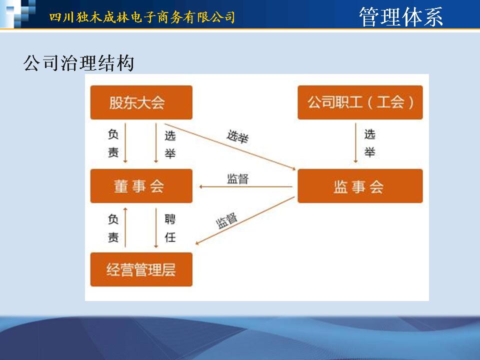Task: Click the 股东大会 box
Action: [x=141, y=102]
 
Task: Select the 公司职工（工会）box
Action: [x=360, y=102]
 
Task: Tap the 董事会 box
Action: [x=141, y=186]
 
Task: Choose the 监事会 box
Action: [x=360, y=186]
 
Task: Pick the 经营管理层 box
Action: [x=141, y=269]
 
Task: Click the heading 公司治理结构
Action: [x=78, y=63]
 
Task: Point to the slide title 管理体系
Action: [x=401, y=17]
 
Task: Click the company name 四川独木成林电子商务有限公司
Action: [x=142, y=17]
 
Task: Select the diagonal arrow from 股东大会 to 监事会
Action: [x=230, y=146]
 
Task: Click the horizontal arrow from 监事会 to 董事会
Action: [x=246, y=186]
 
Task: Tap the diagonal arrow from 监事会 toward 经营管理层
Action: [x=245, y=220]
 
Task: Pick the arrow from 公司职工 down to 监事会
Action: [x=355, y=143]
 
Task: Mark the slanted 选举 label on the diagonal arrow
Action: [x=237, y=136]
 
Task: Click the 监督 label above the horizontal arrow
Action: [x=237, y=179]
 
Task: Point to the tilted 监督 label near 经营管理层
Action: [x=227, y=220]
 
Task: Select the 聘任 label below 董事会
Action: [x=170, y=228]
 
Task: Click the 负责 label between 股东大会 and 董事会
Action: [x=113, y=143]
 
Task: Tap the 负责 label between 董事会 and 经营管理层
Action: [x=113, y=228]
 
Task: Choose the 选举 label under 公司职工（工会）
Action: [x=370, y=143]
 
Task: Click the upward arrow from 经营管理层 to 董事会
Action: [x=125, y=227]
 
